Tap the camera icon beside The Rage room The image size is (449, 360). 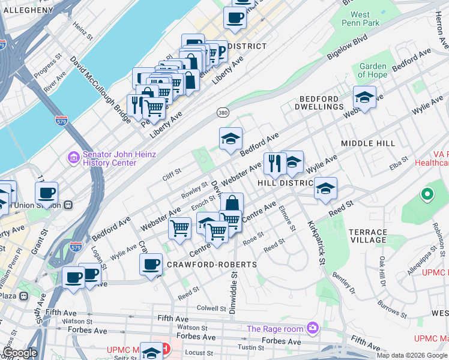[x=312, y=328]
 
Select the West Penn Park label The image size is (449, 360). [x=365, y=19]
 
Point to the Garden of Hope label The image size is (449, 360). [x=372, y=70]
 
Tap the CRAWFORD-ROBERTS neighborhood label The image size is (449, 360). [x=212, y=265]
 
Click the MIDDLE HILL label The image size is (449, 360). [x=367, y=144]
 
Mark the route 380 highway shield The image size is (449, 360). [x=223, y=112]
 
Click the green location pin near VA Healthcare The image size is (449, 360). [x=427, y=194]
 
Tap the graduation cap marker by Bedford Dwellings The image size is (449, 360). [x=364, y=96]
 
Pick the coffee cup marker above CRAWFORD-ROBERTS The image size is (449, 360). [x=151, y=264]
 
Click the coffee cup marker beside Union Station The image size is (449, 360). [x=46, y=193]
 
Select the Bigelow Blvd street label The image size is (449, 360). [x=346, y=47]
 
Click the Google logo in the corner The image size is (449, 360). [x=20, y=353]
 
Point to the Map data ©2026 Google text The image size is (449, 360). [x=412, y=355]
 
